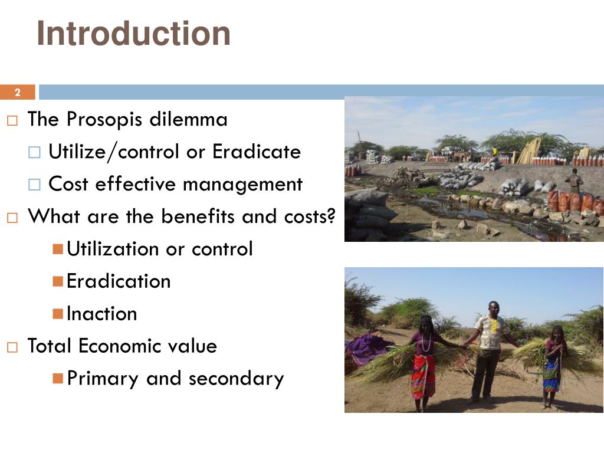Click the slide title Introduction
133,34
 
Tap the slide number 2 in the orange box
17,93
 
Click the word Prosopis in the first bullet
104,120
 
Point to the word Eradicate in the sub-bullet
257,152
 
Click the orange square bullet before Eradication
57,281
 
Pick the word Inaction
102,314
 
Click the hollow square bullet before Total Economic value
13,346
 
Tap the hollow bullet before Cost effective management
34,185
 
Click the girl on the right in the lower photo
553,366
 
